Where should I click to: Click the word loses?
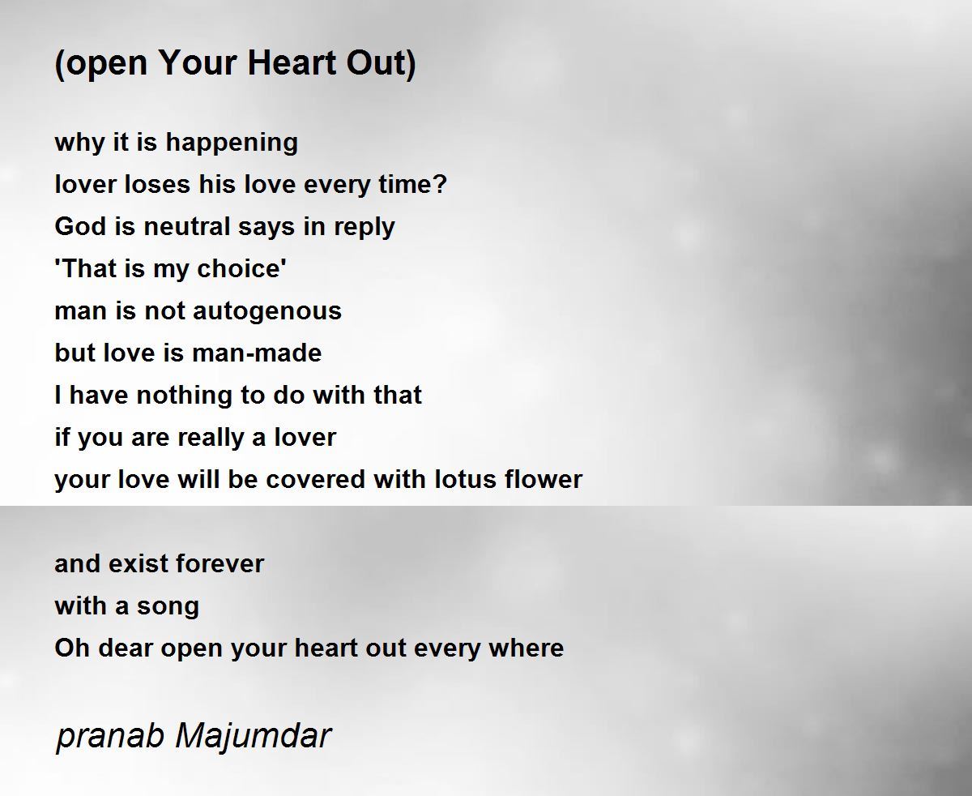point(158,184)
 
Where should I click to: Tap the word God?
point(81,226)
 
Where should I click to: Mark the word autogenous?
point(267,312)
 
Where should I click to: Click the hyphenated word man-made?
point(257,353)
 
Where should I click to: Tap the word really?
point(211,439)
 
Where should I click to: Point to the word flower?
point(544,479)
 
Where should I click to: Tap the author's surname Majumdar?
point(253,735)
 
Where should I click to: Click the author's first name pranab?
point(110,737)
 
